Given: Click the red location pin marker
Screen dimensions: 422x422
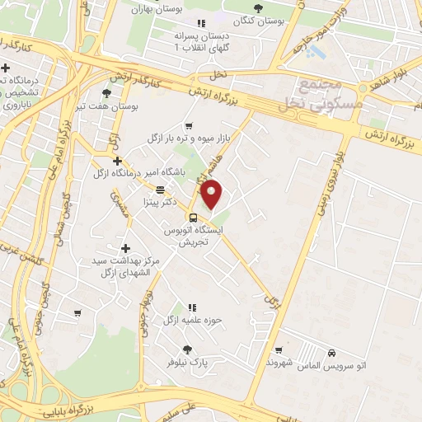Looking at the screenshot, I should point(213,195).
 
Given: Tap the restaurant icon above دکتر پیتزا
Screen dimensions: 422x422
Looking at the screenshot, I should point(160,189).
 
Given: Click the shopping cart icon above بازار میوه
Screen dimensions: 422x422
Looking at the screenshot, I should point(189,125).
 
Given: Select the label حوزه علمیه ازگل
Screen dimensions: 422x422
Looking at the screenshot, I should point(192,319).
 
